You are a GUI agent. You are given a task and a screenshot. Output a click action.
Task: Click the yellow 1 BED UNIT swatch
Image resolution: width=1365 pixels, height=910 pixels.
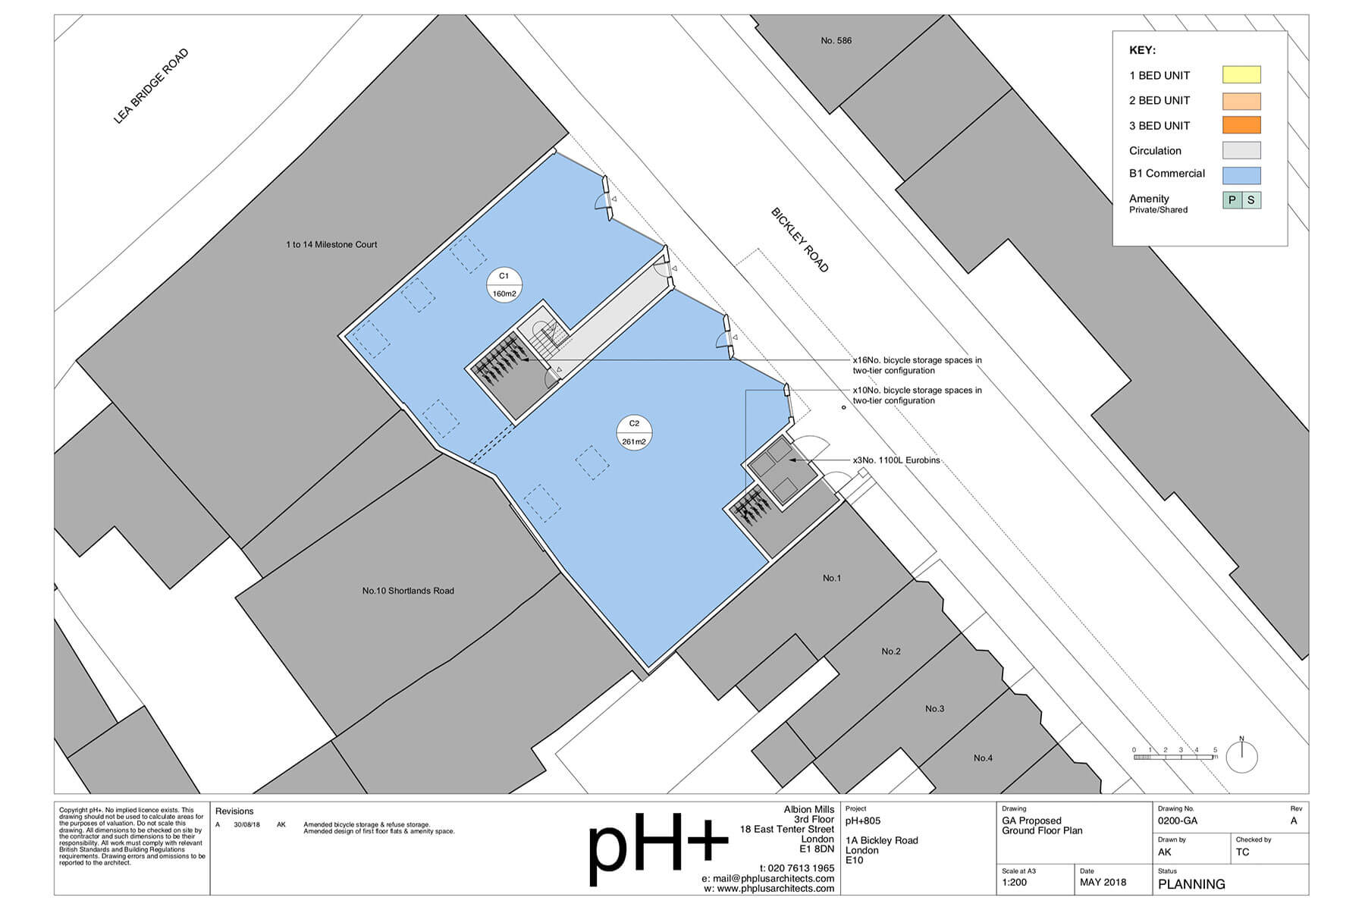[x=1241, y=74]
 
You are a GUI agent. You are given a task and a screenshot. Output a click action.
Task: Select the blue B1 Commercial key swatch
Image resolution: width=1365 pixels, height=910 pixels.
[x=1241, y=175]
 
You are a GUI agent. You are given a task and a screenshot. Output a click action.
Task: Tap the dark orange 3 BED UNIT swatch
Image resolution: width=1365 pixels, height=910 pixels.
[x=1241, y=125]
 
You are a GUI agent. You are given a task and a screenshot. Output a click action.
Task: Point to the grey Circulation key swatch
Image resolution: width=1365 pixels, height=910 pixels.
[x=1241, y=150]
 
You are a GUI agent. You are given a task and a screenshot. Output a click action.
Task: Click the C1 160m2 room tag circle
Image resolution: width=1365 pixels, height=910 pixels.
[x=504, y=284]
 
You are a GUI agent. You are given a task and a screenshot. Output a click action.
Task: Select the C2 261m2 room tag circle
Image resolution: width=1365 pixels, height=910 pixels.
[x=635, y=432]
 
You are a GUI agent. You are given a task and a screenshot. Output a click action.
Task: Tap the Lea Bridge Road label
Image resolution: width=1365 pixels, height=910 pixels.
[x=151, y=86]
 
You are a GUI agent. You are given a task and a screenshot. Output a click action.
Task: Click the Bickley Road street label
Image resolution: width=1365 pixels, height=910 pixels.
[x=800, y=240]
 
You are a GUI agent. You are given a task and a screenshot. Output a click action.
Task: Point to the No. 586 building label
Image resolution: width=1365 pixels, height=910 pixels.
[x=836, y=40]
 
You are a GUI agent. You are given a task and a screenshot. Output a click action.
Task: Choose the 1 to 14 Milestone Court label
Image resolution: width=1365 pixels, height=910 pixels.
[x=331, y=244]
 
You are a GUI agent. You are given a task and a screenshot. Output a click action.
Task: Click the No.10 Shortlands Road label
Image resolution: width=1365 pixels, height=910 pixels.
[x=408, y=591]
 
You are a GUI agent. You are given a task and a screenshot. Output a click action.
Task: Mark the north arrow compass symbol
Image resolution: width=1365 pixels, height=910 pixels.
[x=1241, y=755]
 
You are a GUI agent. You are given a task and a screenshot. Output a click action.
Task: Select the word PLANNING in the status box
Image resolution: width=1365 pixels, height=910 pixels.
[x=1191, y=884]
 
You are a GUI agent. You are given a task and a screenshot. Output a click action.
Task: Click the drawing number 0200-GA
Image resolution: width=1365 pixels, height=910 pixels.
[x=1178, y=821]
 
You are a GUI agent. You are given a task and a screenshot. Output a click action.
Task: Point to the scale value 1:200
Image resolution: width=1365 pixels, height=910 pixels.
[x=1015, y=882]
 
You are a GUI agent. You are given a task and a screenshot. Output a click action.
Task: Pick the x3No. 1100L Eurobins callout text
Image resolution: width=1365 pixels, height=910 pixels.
[x=896, y=460]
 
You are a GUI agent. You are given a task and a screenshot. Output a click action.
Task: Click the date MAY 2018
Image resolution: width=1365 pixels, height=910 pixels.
[x=1103, y=882]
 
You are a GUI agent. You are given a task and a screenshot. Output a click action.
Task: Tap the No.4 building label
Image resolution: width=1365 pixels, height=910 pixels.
[x=983, y=758]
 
